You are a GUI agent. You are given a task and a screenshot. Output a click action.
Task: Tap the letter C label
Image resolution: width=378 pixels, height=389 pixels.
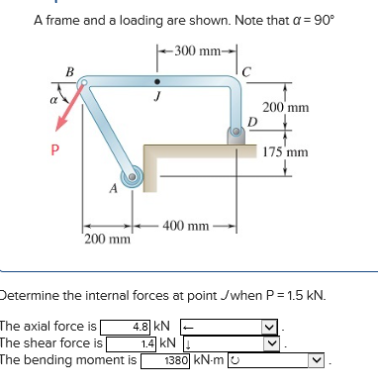pos(247,69)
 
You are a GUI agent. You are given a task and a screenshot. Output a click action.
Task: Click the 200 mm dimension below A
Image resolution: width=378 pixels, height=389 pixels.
pos(107,240)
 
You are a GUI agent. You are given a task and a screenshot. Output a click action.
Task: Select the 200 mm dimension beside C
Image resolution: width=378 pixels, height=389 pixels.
pos(288,106)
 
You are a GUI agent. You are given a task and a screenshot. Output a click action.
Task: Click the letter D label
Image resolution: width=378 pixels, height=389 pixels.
pos(253,121)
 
